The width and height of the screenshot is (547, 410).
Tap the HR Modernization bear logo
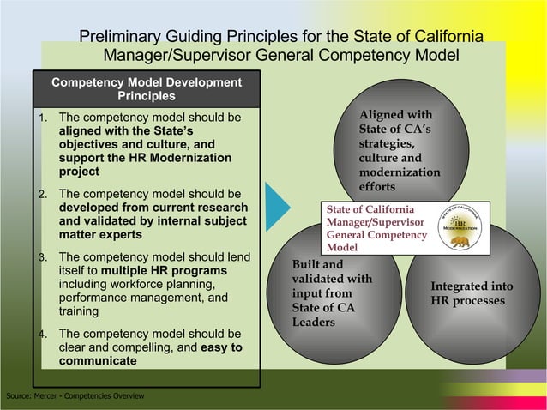463,228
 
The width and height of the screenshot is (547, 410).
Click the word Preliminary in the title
128,37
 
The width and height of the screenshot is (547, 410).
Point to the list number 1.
44,118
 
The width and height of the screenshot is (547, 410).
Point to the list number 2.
44,194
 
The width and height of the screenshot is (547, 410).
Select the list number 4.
44,334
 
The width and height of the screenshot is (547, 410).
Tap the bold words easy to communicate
150,354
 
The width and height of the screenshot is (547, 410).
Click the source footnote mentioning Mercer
75,395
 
